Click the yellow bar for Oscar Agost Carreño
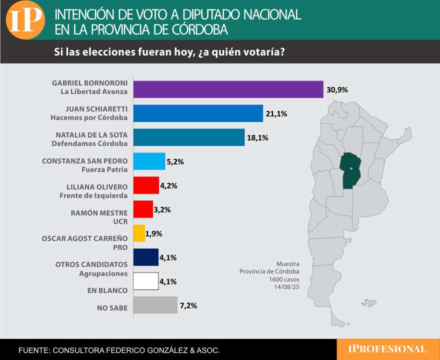coord(138,233)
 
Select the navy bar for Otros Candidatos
coord(145,257)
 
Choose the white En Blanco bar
coord(145,281)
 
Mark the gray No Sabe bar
coord(155,305)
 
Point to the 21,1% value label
coord(276,114)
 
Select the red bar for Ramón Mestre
coord(142,209)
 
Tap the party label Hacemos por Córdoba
coord(89,118)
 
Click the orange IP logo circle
coord(25,20)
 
